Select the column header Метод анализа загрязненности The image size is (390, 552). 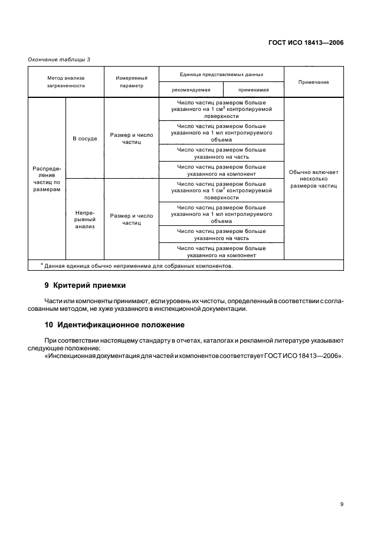(66, 81)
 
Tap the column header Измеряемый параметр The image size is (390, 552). (131, 81)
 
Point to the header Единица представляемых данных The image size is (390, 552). (221, 75)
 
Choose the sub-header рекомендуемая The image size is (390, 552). (191, 90)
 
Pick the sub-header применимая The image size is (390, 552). (254, 90)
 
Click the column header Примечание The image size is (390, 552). (314, 82)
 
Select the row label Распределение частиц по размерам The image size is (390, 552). (47, 179)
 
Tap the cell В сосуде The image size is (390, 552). (84, 139)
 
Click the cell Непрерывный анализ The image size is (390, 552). (84, 219)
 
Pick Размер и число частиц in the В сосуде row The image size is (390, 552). (131, 139)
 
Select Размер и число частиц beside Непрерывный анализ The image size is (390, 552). (131, 219)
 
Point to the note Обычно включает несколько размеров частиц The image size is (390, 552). (314, 179)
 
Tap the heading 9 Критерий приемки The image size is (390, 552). (85, 285)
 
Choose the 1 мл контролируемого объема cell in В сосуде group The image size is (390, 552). (221, 133)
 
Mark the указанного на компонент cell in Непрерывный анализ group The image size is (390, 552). (221, 252)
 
